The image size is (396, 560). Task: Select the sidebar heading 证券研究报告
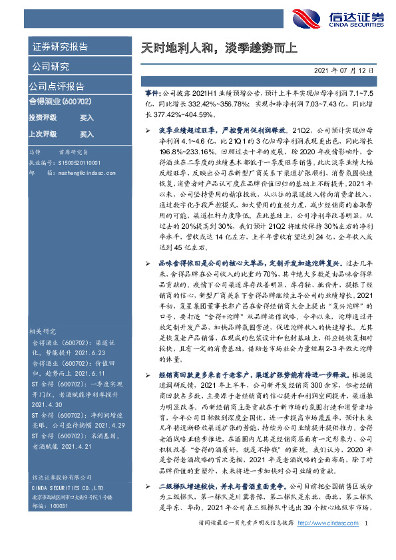point(60,47)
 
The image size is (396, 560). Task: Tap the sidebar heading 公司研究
point(50,67)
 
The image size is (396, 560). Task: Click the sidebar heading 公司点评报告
point(57,86)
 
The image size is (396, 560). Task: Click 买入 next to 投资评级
point(87,117)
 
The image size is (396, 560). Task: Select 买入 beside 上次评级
point(87,134)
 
